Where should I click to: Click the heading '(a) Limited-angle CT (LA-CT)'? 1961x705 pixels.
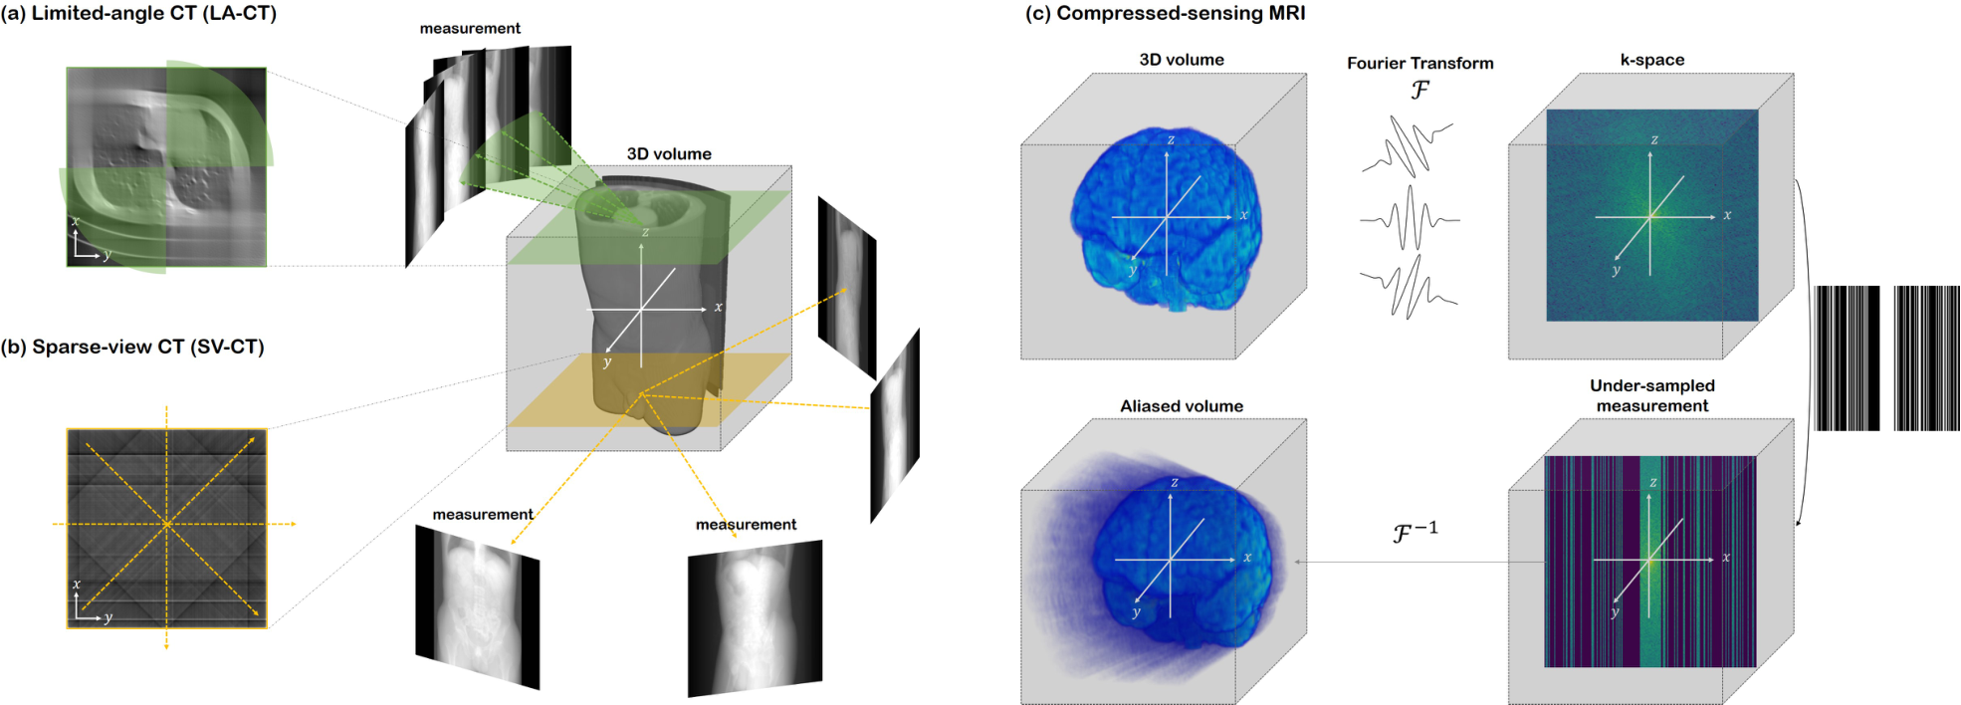(139, 14)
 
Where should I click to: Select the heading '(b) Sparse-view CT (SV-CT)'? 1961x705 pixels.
(132, 347)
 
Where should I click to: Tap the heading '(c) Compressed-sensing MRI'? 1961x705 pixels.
(1165, 14)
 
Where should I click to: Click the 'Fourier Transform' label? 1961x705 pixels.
(1420, 63)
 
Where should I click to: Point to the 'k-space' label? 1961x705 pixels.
(1652, 60)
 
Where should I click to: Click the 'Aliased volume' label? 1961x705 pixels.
(1182, 406)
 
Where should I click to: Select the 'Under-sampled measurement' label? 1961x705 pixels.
(1652, 395)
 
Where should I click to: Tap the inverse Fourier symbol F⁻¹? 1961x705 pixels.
(1415, 532)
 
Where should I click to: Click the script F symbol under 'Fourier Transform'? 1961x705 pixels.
(1420, 90)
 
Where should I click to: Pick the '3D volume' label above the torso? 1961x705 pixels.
(669, 154)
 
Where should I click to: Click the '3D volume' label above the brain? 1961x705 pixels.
(1182, 60)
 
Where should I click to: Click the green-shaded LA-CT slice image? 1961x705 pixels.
(166, 166)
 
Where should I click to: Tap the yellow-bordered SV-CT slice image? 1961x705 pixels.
(166, 528)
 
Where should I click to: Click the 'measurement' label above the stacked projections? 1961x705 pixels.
(470, 29)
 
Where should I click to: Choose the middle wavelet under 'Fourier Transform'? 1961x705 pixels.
(1410, 218)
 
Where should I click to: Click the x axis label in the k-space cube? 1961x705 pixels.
(1727, 215)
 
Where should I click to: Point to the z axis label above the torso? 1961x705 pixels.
(645, 232)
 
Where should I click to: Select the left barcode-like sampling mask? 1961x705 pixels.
(1848, 358)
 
